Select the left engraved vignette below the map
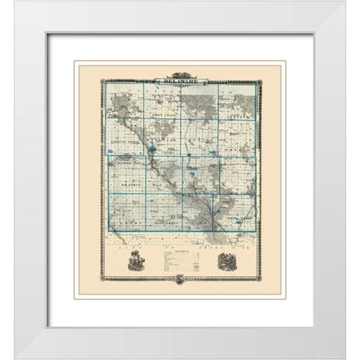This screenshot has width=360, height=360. click(135, 262)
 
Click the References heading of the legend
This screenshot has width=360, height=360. click(180, 252)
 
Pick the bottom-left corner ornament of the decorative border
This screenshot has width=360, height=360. click(103, 278)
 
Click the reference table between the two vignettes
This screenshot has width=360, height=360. click(180, 262)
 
